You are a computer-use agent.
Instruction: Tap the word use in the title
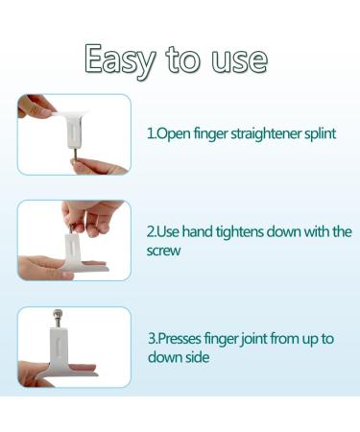click(x=239, y=60)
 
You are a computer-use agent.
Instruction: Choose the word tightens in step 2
click(x=240, y=231)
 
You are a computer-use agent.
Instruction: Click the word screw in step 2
click(x=163, y=251)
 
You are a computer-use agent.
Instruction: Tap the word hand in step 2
click(x=198, y=231)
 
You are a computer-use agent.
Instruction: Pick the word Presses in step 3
click(x=180, y=339)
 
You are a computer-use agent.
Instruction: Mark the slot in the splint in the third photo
click(x=58, y=347)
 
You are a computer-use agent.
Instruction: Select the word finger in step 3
click(x=221, y=339)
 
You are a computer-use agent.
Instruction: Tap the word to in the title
click(x=183, y=60)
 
